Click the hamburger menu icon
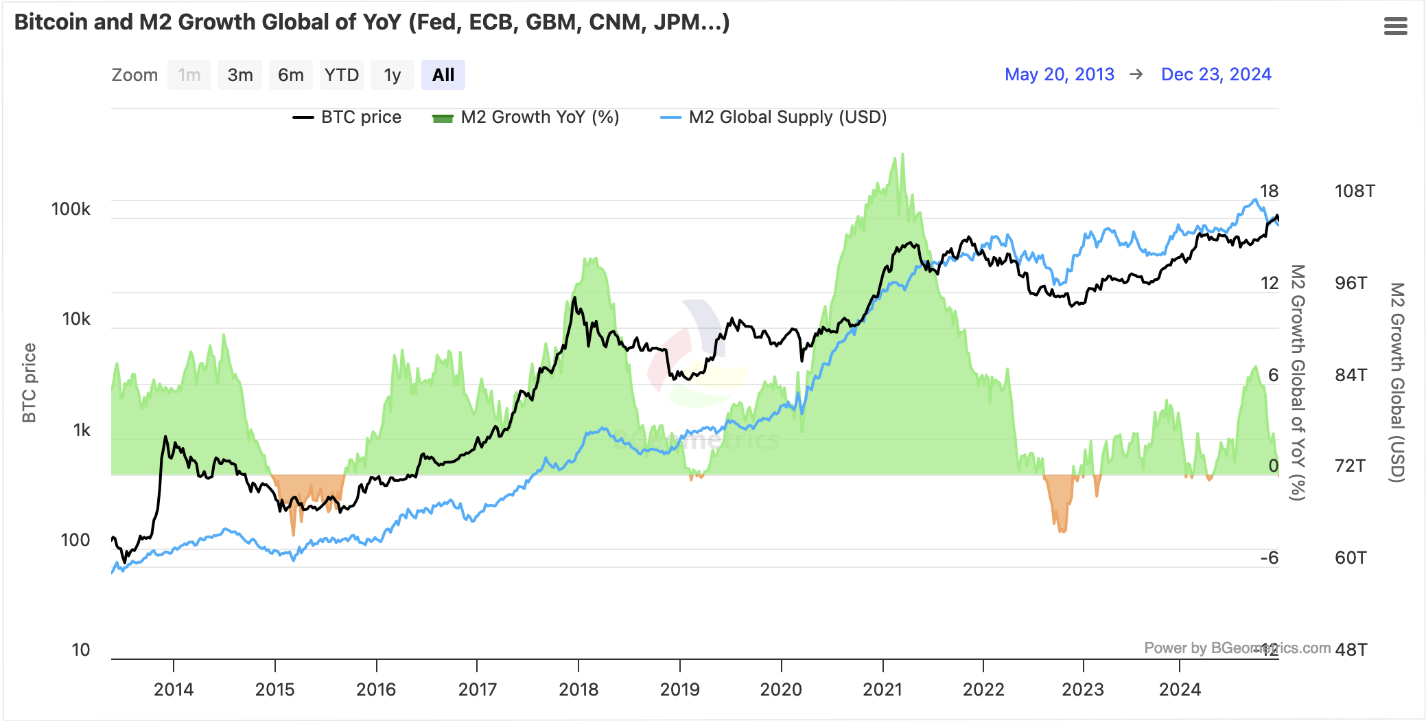click(x=1395, y=26)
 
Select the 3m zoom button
click(x=240, y=75)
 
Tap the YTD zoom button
click(x=341, y=75)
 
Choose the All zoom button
click(x=443, y=75)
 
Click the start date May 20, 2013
click(x=1059, y=74)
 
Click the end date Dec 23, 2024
click(x=1215, y=74)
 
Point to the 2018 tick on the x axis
click(x=578, y=689)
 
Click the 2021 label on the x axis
click(x=883, y=689)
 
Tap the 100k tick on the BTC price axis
click(x=71, y=209)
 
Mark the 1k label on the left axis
click(x=82, y=431)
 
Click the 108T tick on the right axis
click(x=1354, y=191)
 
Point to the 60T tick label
click(x=1351, y=558)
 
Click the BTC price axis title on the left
click(x=29, y=382)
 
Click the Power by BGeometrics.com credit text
click(x=1237, y=648)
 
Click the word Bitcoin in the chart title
click(x=51, y=22)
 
